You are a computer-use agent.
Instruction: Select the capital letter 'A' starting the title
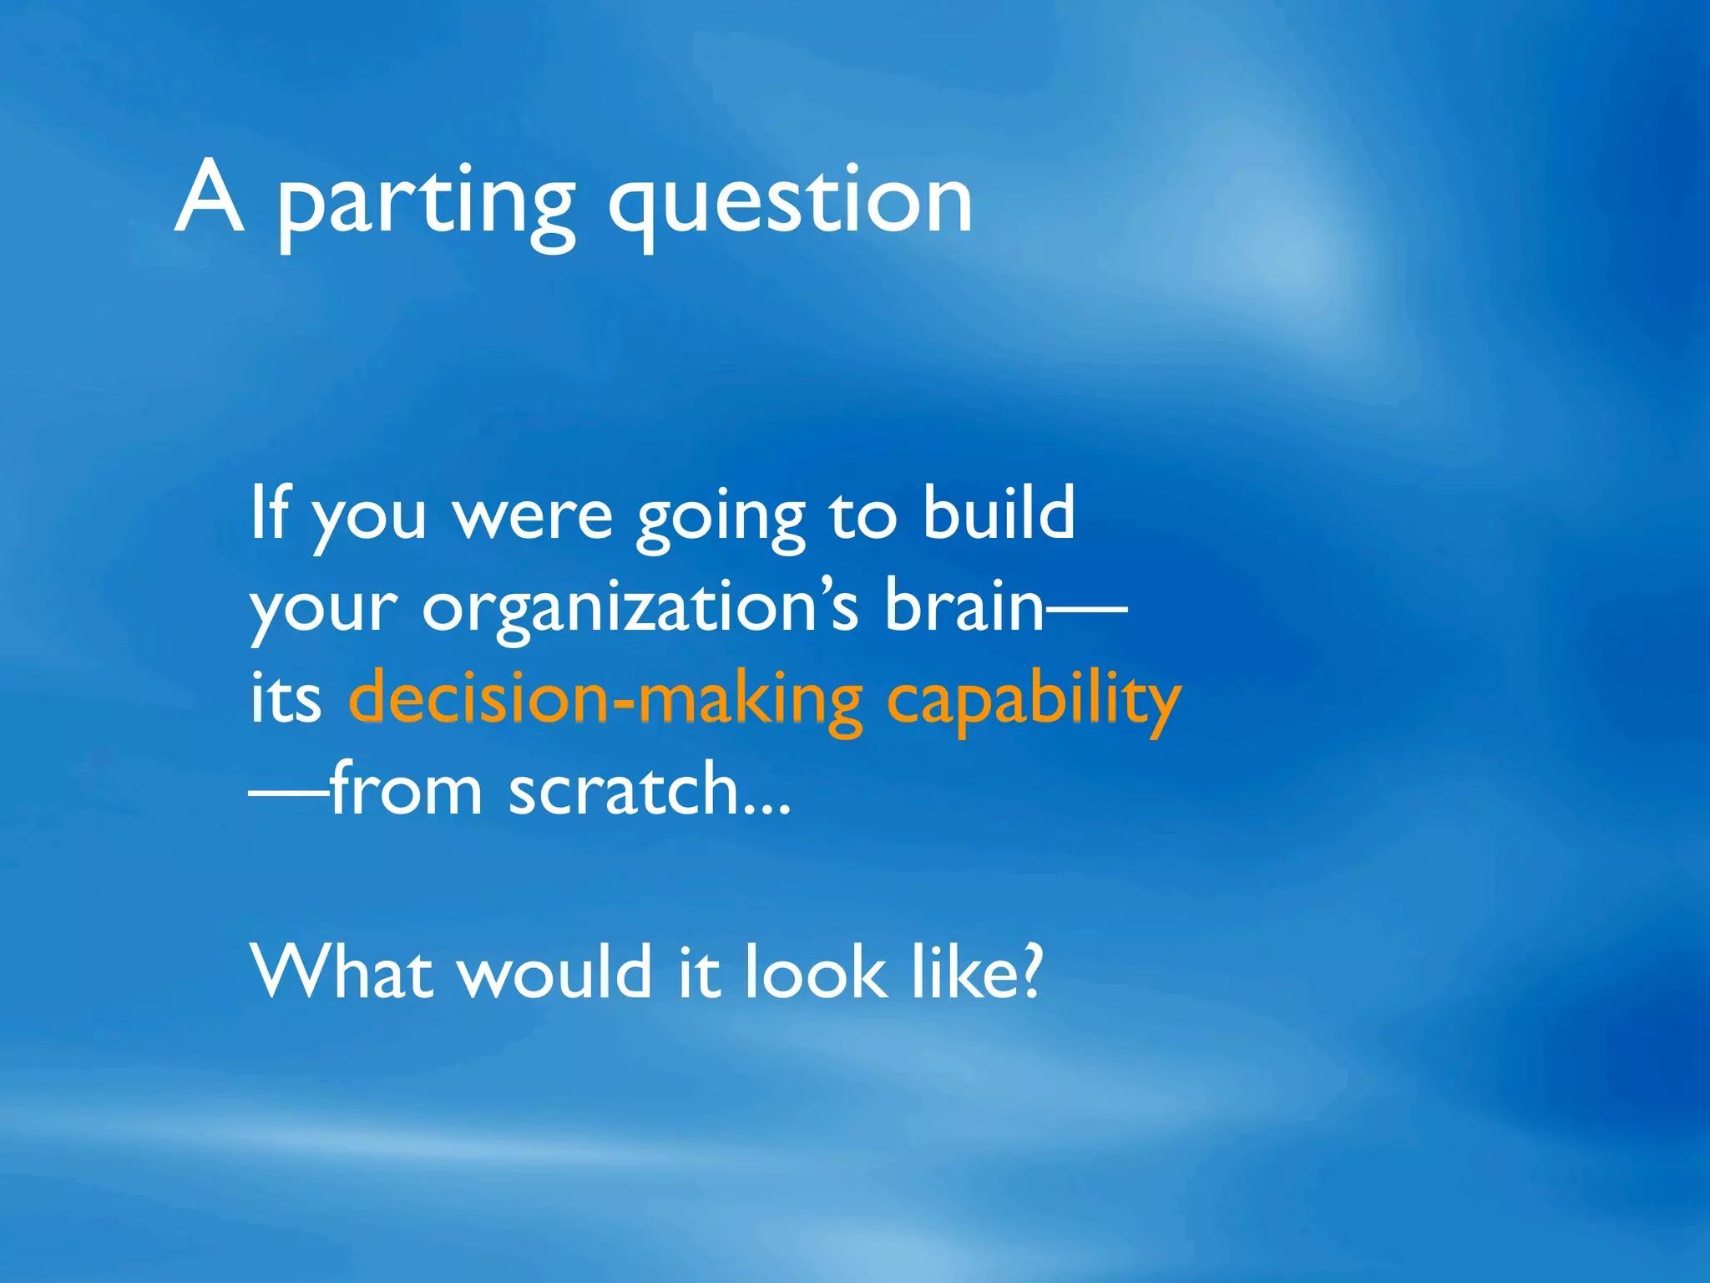(x=210, y=197)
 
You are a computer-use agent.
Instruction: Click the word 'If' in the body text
(x=269, y=513)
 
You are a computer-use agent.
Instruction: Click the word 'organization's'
(x=640, y=608)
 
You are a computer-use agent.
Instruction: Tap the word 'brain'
(x=964, y=605)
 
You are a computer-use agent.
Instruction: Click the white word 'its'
(x=286, y=700)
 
